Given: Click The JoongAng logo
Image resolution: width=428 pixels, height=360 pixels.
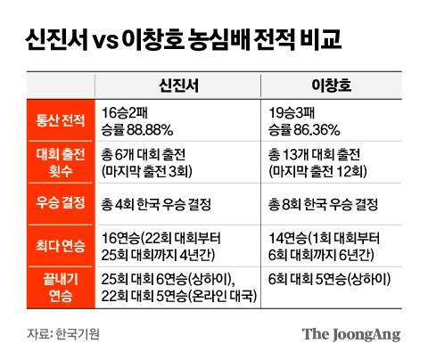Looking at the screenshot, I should click(x=350, y=334).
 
